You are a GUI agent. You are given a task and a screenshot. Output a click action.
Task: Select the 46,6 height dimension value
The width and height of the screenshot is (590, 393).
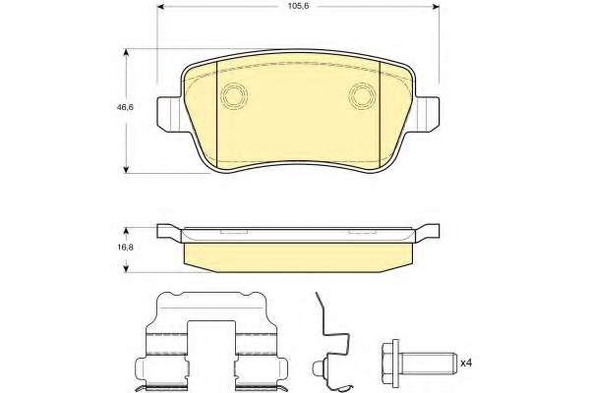tap(125, 107)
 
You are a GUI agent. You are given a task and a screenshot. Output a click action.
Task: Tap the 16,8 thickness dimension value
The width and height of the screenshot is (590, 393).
tap(126, 247)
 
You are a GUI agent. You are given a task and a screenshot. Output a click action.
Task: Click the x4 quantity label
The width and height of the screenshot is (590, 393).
tap(466, 363)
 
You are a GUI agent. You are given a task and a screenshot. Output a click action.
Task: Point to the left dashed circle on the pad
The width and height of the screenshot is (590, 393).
tap(234, 95)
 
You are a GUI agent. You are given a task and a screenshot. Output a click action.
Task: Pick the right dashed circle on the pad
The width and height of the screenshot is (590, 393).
tap(362, 95)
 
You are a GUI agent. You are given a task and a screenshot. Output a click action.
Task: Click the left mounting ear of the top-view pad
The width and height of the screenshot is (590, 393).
tap(171, 114)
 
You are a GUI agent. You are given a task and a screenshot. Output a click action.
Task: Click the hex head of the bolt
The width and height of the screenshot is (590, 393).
tap(391, 363)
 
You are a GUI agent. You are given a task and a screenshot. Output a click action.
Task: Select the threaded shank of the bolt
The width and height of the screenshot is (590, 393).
tap(428, 363)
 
